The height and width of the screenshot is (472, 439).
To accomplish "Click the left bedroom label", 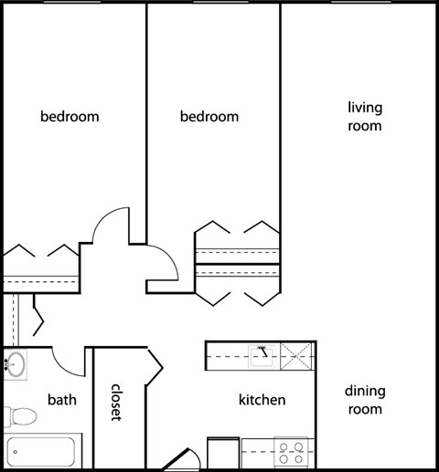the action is [x=70, y=117].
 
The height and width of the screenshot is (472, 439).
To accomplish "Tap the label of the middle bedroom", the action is [x=209, y=117].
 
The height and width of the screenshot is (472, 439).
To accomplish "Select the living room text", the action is [x=365, y=117].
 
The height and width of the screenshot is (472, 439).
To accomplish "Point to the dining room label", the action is [x=365, y=400].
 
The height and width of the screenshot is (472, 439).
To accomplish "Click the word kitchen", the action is [x=262, y=400].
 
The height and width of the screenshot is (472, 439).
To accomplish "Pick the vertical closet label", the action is [x=116, y=403].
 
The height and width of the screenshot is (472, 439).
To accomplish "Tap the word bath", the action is [x=62, y=400].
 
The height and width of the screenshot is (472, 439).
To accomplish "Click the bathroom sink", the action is [x=16, y=364].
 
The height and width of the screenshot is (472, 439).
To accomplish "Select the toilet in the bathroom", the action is [x=20, y=416].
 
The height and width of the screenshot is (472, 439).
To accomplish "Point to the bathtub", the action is [x=42, y=451].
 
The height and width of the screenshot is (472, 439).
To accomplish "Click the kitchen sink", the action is [x=264, y=356].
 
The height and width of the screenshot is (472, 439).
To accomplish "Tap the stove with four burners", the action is [x=291, y=453].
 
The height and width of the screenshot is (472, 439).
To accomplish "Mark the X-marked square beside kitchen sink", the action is [x=295, y=356].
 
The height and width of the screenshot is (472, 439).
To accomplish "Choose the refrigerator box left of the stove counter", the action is [x=223, y=453].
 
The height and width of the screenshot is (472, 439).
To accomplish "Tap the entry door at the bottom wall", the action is [x=181, y=459].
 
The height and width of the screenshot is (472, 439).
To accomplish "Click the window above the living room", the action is [x=361, y=2].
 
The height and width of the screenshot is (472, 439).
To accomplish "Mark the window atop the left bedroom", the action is [x=72, y=2].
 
